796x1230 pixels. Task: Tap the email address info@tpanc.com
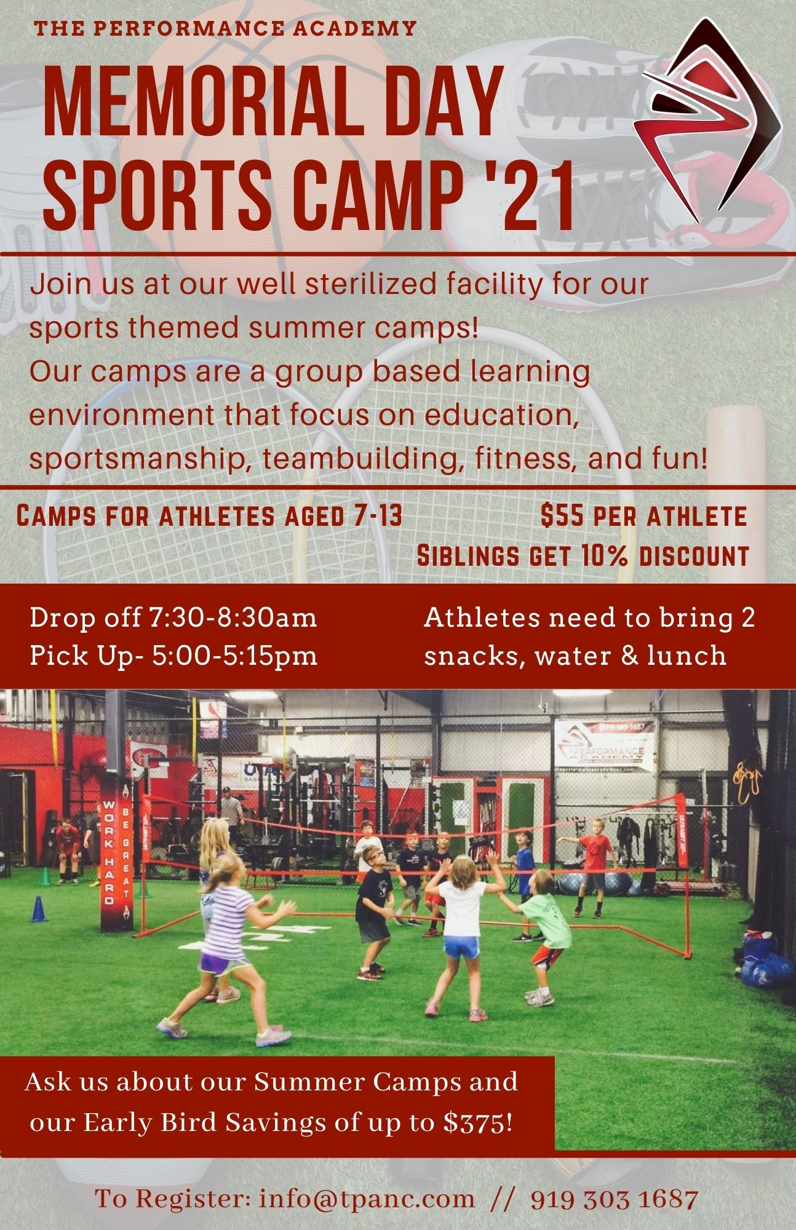point(367,1198)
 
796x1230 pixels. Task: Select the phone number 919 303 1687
point(614,1198)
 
